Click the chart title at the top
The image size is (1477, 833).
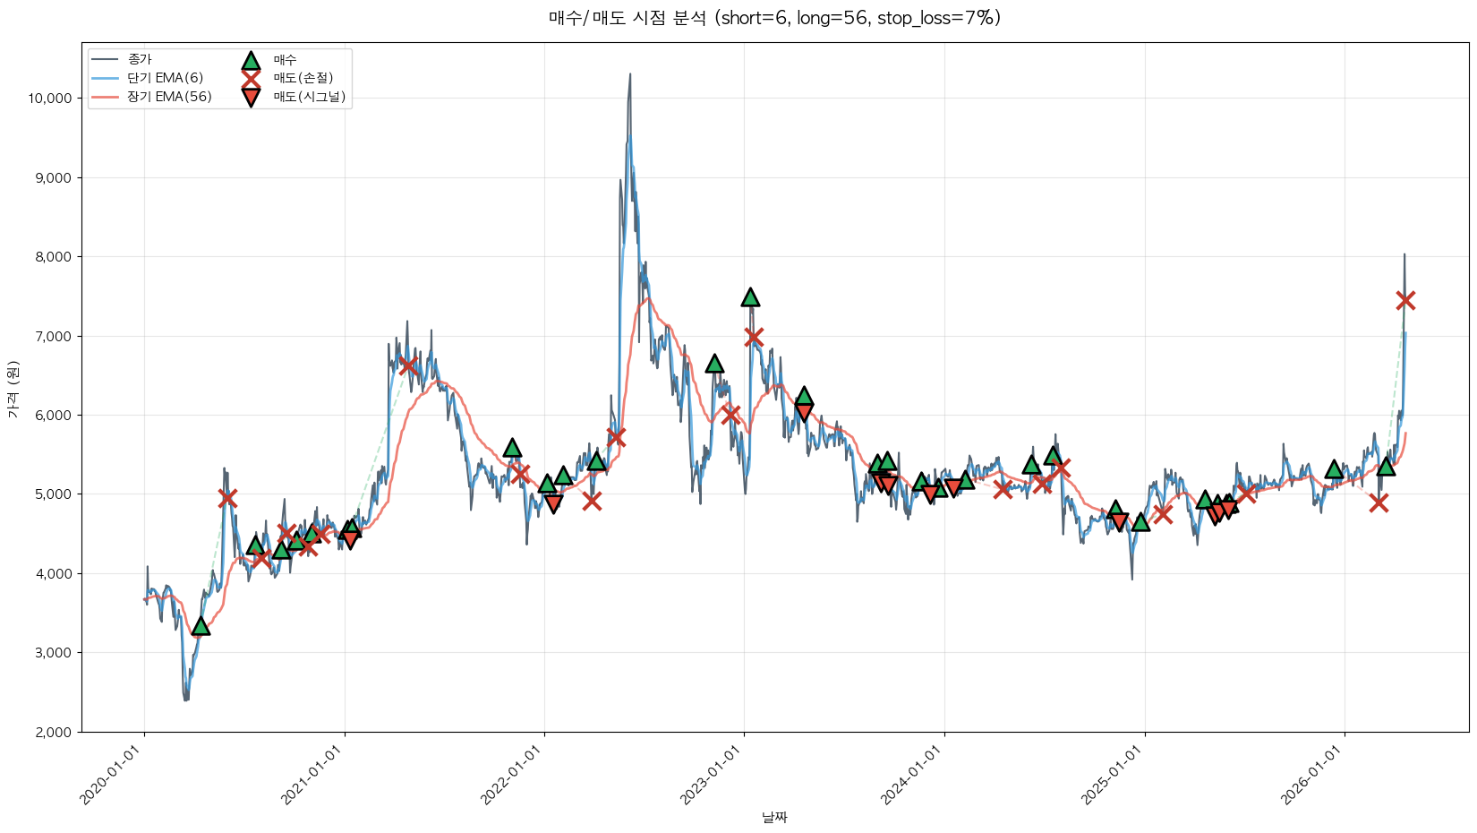(x=774, y=18)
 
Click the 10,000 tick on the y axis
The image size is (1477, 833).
(x=50, y=99)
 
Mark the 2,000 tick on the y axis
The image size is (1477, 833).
(x=54, y=732)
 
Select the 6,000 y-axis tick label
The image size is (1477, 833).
(x=54, y=416)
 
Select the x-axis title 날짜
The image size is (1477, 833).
(x=774, y=817)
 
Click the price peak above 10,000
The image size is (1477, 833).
(x=630, y=74)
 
